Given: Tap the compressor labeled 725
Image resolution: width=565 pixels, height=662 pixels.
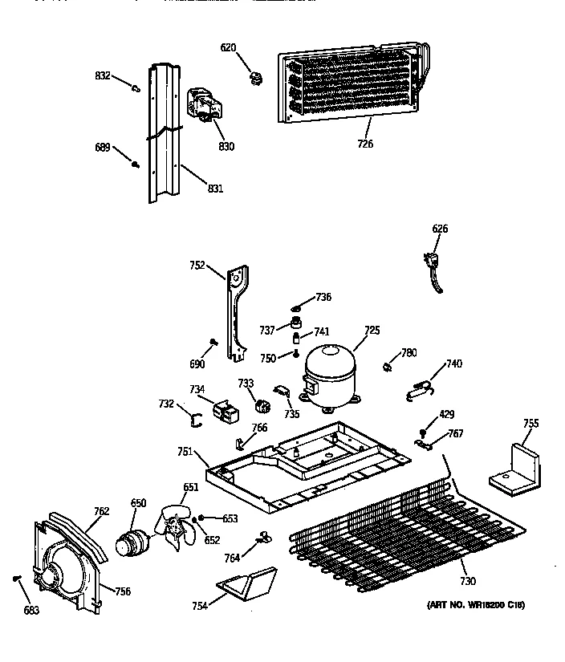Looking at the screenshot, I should tap(329, 373).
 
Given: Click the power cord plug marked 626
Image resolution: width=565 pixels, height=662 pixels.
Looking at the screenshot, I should tap(433, 265).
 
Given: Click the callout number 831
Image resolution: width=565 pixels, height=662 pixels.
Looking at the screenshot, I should tap(215, 189).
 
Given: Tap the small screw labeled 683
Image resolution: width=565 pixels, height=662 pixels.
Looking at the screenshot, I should tap(16, 579).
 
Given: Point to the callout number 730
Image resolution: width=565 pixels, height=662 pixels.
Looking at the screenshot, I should tap(468, 581).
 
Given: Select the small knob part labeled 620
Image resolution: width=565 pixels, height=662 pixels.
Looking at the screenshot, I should tap(258, 76).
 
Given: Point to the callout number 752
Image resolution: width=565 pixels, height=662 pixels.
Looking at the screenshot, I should tap(197, 266).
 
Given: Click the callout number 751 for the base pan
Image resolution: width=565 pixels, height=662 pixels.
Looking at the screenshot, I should tap(185, 453).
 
